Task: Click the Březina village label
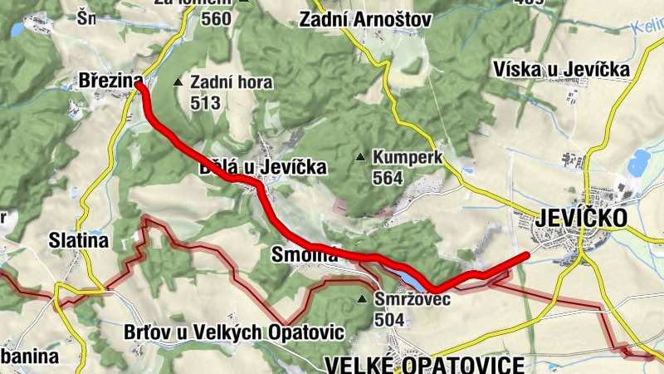click(x=105, y=81)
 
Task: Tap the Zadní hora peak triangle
click(x=178, y=82)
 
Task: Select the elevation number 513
click(x=205, y=103)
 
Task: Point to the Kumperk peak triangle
click(x=360, y=157)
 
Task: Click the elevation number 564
click(x=388, y=178)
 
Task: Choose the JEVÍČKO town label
click(x=582, y=218)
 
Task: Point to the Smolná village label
click(x=305, y=255)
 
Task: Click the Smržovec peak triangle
click(x=361, y=299)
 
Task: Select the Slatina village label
click(x=79, y=241)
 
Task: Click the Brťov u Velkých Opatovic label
click(x=233, y=332)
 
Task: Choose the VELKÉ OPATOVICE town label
click(x=426, y=364)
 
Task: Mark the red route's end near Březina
click(x=139, y=83)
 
